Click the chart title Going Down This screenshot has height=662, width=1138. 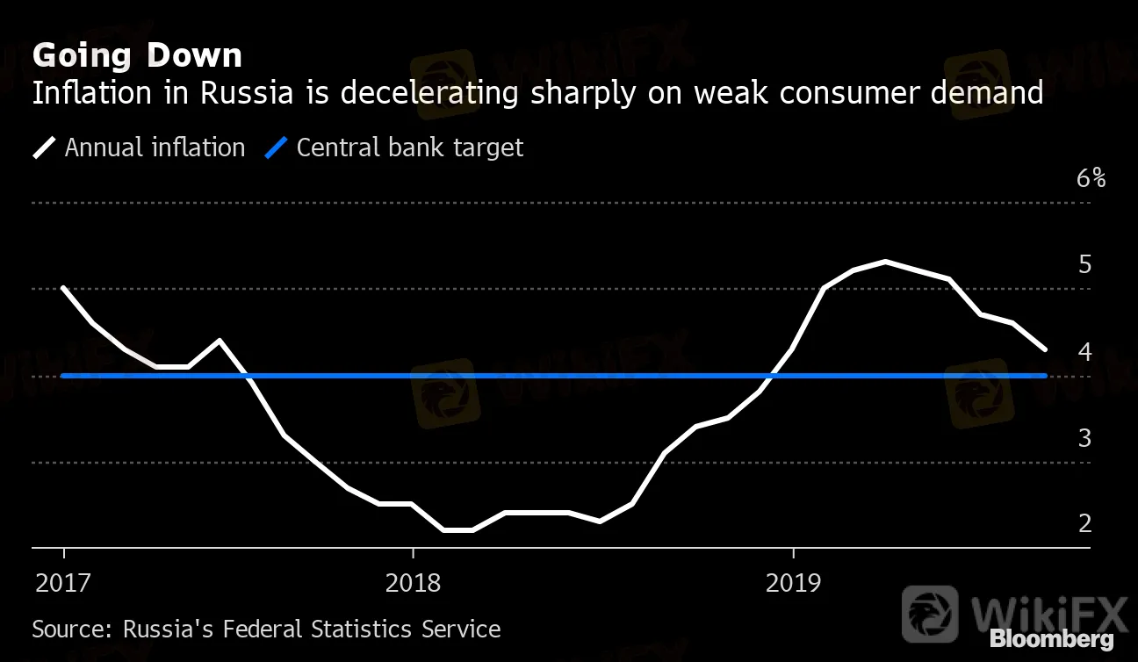(137, 55)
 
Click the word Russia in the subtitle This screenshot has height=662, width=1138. (243, 92)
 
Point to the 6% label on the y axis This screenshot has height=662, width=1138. (1091, 178)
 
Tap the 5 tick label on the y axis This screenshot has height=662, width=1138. (1084, 264)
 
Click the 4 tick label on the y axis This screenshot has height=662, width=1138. (1084, 351)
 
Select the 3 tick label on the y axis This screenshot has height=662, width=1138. (1084, 437)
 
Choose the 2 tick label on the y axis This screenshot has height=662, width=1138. (1084, 523)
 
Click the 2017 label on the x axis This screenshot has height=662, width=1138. (63, 583)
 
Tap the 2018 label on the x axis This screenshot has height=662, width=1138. (412, 583)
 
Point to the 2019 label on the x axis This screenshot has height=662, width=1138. (793, 583)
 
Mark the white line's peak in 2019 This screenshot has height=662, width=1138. (885, 262)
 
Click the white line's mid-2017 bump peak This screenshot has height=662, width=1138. (219, 340)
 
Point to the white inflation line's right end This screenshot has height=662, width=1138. (1044, 349)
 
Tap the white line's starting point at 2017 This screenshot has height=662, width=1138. (63, 288)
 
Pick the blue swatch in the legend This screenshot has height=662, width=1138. (277, 148)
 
